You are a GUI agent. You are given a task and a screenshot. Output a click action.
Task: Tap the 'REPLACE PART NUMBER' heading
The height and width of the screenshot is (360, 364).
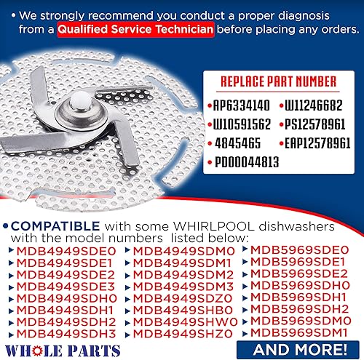click(278, 81)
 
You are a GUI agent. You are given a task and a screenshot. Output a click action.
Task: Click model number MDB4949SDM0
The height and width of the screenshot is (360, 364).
click(181, 252)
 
